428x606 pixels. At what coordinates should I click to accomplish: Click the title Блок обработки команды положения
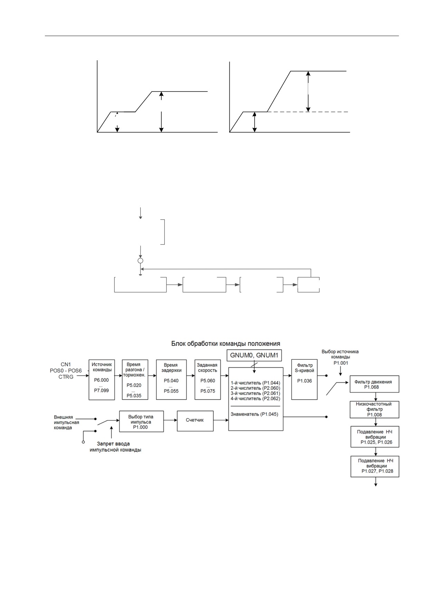(x=226, y=343)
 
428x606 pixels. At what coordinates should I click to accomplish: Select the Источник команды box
(x=102, y=380)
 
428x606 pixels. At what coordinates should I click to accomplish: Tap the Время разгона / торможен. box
(x=135, y=380)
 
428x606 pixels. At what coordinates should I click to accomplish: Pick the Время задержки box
(x=170, y=380)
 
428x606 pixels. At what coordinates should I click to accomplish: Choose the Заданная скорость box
(x=208, y=380)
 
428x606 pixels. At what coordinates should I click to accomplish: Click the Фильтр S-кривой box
(x=304, y=380)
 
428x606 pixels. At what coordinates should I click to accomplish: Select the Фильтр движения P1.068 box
(x=374, y=384)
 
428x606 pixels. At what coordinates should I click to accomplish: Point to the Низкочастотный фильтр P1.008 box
(x=374, y=409)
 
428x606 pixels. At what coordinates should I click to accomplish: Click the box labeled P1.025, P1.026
(x=375, y=437)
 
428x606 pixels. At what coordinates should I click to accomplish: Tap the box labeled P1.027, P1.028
(x=375, y=467)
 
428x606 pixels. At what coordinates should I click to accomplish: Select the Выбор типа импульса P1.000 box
(x=141, y=421)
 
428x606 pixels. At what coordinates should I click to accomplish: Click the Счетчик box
(x=195, y=421)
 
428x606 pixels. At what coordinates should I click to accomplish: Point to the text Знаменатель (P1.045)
(x=254, y=414)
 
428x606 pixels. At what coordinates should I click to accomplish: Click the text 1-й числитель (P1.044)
(x=255, y=383)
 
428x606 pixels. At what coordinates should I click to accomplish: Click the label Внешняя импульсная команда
(x=66, y=422)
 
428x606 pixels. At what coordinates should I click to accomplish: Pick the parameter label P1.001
(x=341, y=363)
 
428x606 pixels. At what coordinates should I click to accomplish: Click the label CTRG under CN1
(x=66, y=377)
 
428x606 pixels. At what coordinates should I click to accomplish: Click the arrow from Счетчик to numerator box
(x=221, y=420)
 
